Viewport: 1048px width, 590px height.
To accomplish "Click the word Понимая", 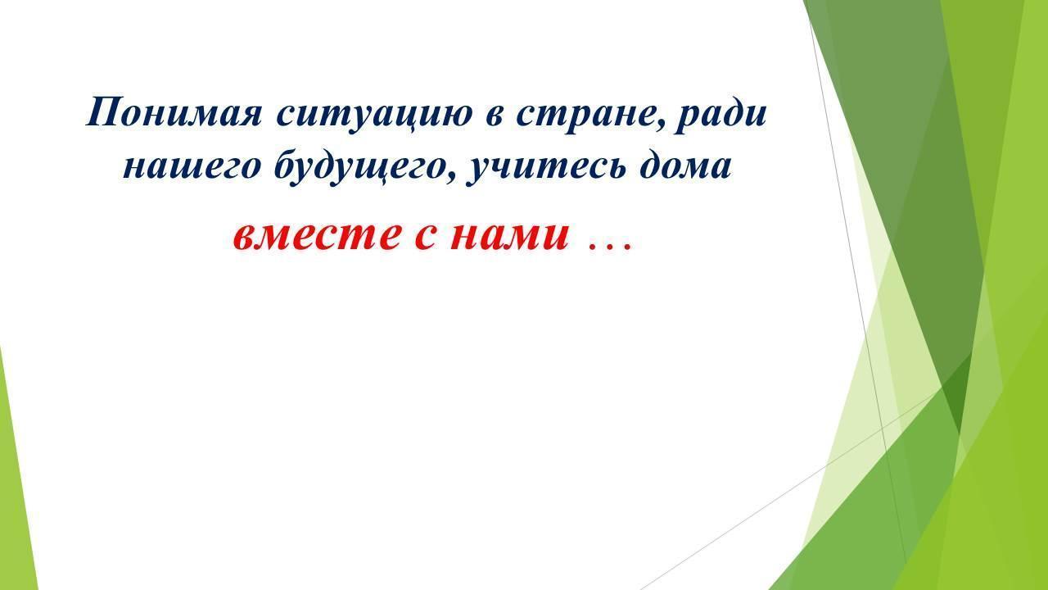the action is click(174, 112).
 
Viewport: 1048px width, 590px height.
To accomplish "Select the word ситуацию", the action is click(374, 116).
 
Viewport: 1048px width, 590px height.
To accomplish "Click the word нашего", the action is click(192, 169).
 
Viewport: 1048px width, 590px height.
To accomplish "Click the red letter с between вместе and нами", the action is click(424, 237).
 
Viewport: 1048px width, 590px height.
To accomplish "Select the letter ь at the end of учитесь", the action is click(615, 170).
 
